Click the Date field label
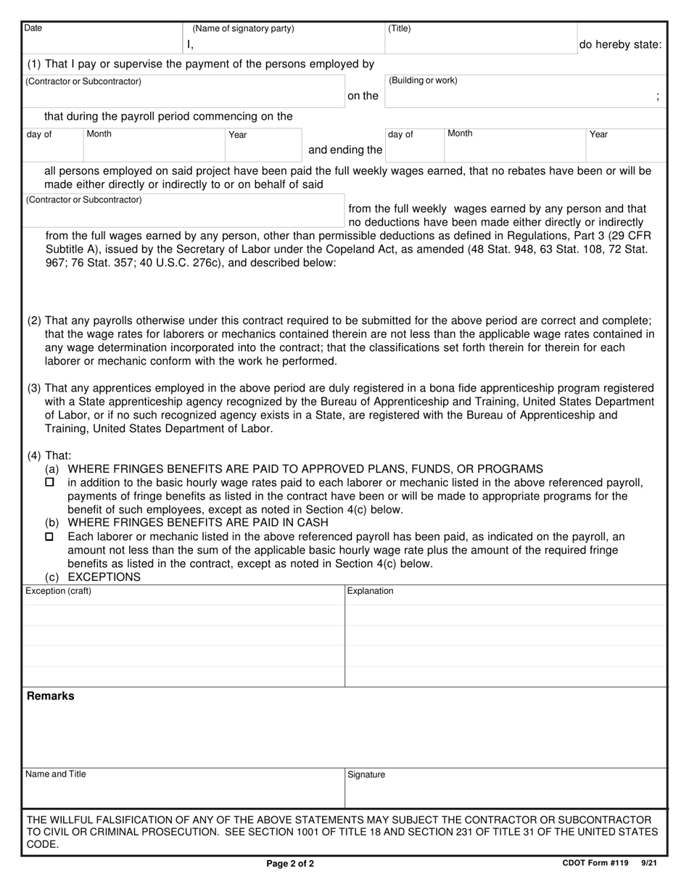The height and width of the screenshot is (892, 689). [33, 28]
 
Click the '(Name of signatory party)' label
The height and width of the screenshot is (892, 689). [243, 28]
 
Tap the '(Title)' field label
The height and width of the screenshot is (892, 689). [400, 28]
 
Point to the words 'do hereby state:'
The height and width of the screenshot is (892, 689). [620, 45]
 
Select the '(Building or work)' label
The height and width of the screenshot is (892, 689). [423, 80]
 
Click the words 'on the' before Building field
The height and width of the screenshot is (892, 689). [363, 96]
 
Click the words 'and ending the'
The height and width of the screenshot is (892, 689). [345, 150]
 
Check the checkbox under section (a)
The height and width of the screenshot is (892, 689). [49, 482]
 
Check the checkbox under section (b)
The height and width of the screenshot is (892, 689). [49, 537]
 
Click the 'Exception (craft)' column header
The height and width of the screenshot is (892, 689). [58, 591]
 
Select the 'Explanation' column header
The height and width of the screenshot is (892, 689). [370, 591]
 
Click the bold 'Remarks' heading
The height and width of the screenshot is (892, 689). [50, 696]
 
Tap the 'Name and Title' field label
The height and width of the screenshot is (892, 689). [55, 774]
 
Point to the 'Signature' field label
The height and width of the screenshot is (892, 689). [366, 775]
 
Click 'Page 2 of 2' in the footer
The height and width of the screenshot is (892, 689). [290, 864]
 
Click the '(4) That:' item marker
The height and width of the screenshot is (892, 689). [49, 455]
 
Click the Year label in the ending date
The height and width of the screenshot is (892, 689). [598, 134]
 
